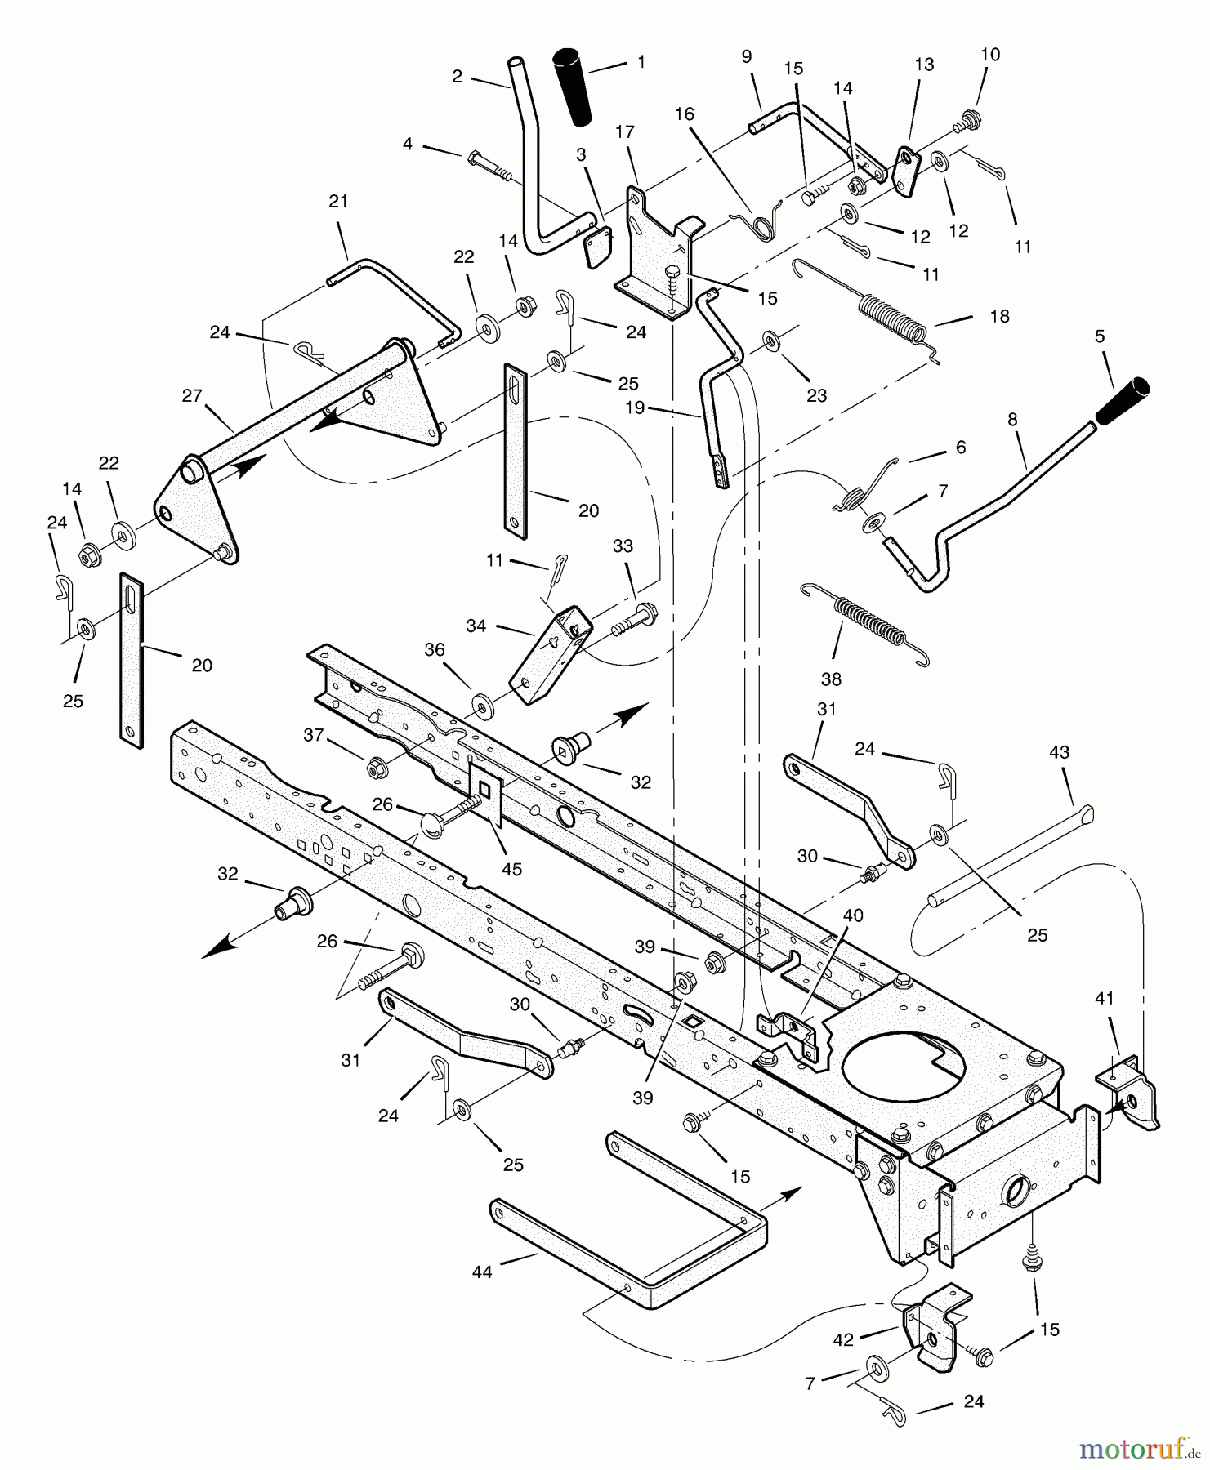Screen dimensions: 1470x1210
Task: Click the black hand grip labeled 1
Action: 576,88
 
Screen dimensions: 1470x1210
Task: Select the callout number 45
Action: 511,869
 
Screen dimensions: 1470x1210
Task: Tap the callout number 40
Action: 852,915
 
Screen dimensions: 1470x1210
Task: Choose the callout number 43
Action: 1059,752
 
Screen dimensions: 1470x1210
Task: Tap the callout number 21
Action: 338,202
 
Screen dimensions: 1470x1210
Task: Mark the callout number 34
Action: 476,626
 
